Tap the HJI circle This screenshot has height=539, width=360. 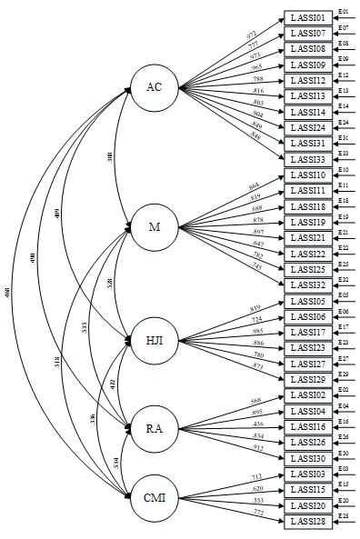point(155,341)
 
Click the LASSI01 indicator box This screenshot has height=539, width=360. point(308,17)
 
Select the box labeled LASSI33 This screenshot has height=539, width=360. point(308,160)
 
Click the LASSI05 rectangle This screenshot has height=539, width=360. point(308,301)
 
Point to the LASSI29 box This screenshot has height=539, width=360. point(308,380)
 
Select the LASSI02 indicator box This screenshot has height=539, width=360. point(308,395)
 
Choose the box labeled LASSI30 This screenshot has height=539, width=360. point(308,458)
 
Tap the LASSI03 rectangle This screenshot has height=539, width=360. point(308,474)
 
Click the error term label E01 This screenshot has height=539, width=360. point(344,11)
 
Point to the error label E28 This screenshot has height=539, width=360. point(344,515)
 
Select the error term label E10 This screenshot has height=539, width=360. point(344,169)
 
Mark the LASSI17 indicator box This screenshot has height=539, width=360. point(308,333)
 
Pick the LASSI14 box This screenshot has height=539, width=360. point(308,112)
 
